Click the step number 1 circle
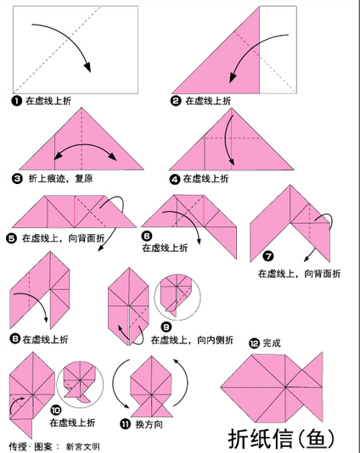point(17,101)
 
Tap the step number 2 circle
point(176,101)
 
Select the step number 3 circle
point(17,178)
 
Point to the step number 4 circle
point(174,179)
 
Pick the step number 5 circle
point(11,238)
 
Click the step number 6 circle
point(147,236)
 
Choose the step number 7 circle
point(268,256)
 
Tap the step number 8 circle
point(14,338)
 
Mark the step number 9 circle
point(166,327)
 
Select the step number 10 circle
point(56,410)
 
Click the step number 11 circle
point(125,424)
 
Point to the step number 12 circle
point(254,344)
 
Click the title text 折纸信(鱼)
point(282,439)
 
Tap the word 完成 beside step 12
point(272,344)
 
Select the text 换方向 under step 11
point(149,424)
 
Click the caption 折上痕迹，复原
point(61,178)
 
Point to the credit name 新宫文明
point(82,447)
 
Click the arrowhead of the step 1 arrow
point(87,67)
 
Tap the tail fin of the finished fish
point(312,386)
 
